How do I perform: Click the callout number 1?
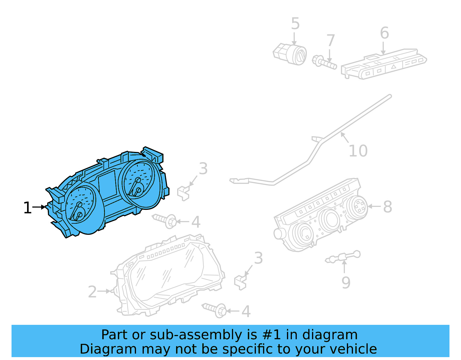pos(27,208)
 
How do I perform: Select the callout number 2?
pos(92,292)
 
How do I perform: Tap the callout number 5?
pos(295,24)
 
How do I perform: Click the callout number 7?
pos(330,40)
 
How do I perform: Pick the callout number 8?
pos(388,207)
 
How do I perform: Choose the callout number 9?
pos(346,282)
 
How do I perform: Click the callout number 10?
pos(358,151)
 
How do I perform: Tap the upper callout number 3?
pos(203,169)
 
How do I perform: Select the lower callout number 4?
pos(246,312)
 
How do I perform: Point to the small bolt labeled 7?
pos(324,62)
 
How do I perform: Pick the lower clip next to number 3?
pos(240,282)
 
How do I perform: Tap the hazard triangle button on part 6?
pos(393,67)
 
